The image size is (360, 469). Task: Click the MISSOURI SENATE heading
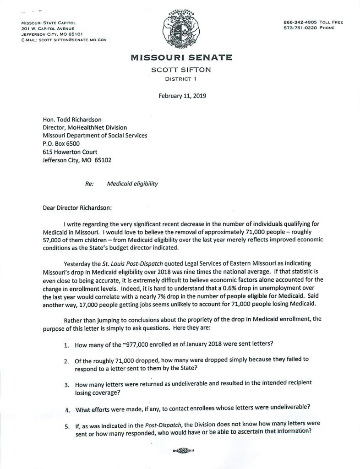tap(181, 58)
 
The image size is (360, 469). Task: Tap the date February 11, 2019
tap(182, 96)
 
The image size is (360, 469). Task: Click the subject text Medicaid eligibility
tap(132, 184)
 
